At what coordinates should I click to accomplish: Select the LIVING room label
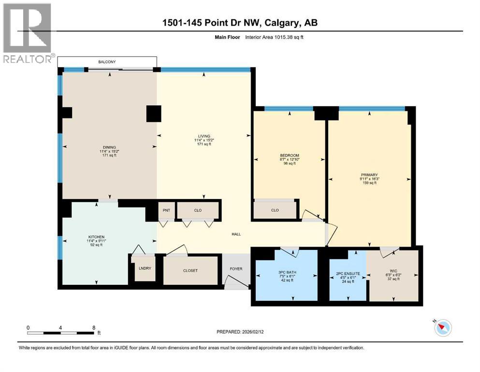(203, 136)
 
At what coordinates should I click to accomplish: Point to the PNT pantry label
(166, 211)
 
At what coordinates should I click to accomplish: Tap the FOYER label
(236, 269)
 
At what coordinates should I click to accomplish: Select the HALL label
(235, 234)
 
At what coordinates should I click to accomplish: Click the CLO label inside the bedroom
(275, 210)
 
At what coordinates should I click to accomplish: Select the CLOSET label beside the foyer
(190, 270)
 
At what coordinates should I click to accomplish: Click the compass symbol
(443, 328)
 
